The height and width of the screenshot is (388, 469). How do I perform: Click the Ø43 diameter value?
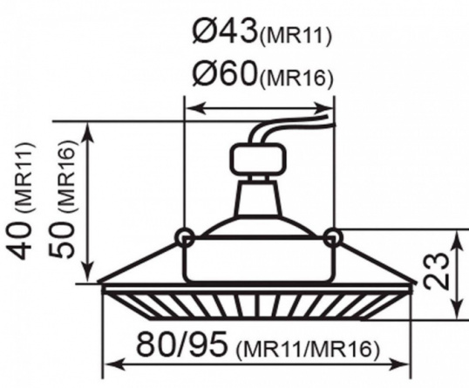pos(225,31)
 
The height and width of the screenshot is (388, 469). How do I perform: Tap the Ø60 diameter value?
pos(225,72)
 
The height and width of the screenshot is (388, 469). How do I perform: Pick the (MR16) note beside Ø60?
pos(296,78)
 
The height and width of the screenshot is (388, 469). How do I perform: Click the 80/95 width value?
pos(181,344)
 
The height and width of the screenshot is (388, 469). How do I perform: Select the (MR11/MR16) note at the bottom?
pos(308,349)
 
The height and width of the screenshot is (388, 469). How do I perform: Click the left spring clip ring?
pos(184,237)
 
